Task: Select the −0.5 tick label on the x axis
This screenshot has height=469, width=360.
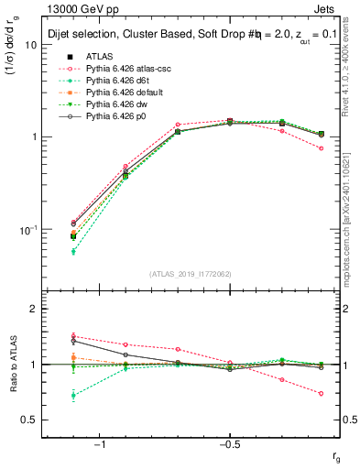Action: click(228, 444)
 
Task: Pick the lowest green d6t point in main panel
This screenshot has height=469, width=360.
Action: click(73, 251)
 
